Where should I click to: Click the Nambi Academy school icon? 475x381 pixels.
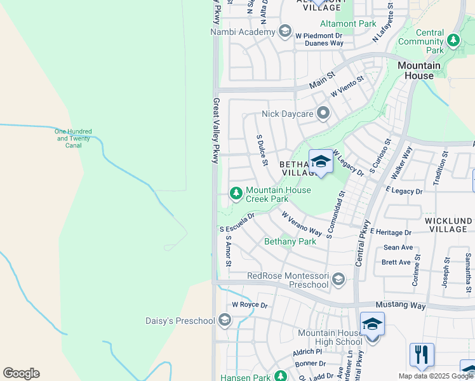tap(285, 32)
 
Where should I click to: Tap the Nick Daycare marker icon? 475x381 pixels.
tap(324, 114)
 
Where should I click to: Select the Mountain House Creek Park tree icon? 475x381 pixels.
tap(236, 192)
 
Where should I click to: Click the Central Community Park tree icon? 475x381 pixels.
tap(453, 41)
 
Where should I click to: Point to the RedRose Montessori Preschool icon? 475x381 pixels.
tap(338, 279)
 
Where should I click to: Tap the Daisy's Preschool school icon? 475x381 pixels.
tap(224, 321)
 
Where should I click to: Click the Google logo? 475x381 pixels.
tap(21, 373)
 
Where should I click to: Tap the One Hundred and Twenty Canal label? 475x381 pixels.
tap(74, 138)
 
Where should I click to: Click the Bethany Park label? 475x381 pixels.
tap(290, 241)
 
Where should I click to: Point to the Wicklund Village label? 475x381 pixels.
tap(448, 225)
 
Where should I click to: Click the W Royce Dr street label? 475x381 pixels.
tap(250, 305)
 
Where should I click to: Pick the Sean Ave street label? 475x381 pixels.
tap(398, 248)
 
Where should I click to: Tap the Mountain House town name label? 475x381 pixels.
tap(419, 70)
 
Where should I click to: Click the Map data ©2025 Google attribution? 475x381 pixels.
tap(435, 376)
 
